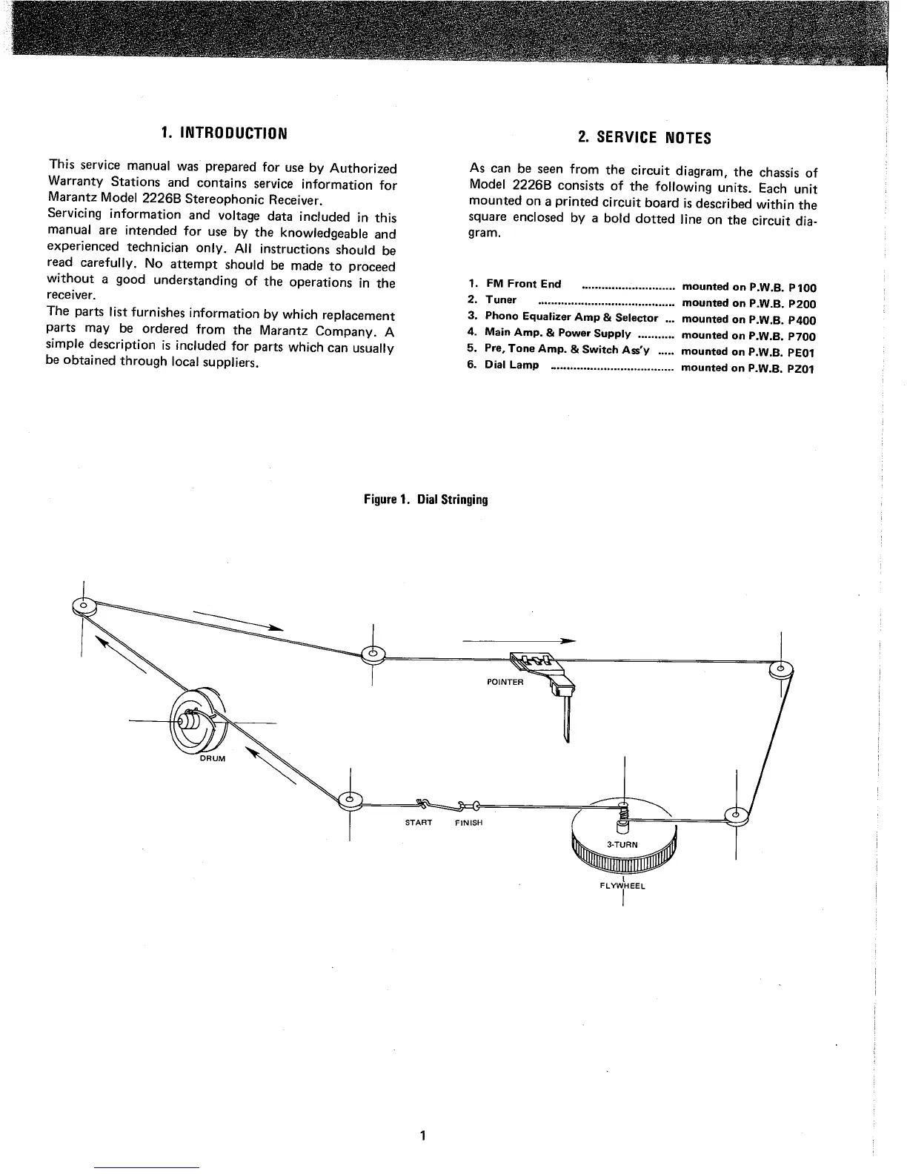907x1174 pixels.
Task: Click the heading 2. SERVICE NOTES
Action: click(644, 138)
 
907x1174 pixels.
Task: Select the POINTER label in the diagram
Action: click(505, 682)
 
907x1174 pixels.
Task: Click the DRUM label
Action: click(212, 759)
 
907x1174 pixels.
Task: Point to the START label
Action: click(419, 823)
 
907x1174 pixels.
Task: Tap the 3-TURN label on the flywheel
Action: click(622, 844)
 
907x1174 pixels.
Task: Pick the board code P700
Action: click(802, 336)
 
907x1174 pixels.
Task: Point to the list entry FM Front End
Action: click(523, 284)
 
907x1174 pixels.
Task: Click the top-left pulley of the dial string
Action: click(82, 607)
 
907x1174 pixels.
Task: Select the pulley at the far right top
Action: click(781, 669)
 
